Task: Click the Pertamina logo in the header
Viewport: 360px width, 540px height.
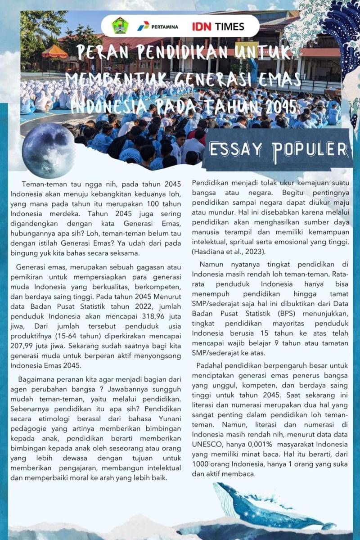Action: pos(157,26)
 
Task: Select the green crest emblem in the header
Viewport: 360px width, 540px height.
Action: pos(120,25)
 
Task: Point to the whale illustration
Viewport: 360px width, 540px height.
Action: pos(270,506)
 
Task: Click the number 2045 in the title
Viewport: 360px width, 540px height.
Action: pos(280,107)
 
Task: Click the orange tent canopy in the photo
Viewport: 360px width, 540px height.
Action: pos(54,50)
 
